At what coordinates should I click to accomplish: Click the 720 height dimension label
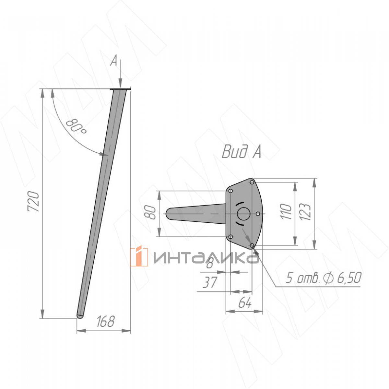point(33,201)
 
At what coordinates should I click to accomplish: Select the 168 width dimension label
point(106,321)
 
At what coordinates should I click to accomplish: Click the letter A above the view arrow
point(114,61)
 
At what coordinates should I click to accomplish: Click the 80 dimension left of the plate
point(151,212)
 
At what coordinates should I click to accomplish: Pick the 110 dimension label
point(286,212)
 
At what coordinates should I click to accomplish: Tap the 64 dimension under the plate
point(245,302)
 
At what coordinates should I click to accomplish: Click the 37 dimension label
point(210,282)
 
